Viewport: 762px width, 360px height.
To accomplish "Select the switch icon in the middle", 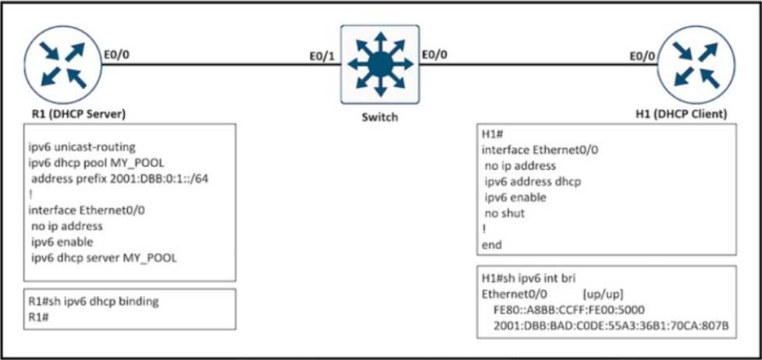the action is pyautogui.click(x=380, y=64).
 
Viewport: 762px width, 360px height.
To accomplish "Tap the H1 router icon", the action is pyautogui.click(x=696, y=65).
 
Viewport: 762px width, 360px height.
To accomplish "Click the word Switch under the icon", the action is pyautogui.click(x=379, y=117).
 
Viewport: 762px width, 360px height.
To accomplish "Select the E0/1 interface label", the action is pyautogui.click(x=322, y=56).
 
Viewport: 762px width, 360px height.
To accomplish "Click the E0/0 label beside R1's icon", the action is pyautogui.click(x=117, y=54).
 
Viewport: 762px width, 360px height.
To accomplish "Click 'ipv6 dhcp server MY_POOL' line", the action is pyautogui.click(x=104, y=258).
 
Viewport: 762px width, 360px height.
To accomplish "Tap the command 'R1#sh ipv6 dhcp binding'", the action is pyautogui.click(x=94, y=301).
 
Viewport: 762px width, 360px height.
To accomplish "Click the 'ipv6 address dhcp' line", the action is pyautogui.click(x=533, y=182).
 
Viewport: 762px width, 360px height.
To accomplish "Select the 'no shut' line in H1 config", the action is pyautogui.click(x=505, y=213).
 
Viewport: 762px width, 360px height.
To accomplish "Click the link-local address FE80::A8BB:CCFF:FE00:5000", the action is pyautogui.click(x=569, y=309).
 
